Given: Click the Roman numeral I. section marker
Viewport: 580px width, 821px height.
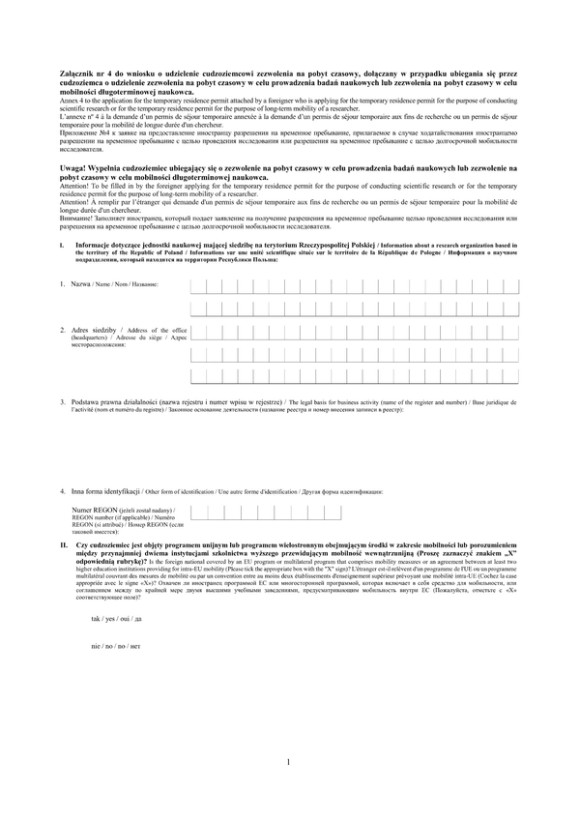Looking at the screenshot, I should [x=62, y=246].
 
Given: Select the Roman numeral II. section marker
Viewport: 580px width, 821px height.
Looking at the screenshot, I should [x=63, y=545].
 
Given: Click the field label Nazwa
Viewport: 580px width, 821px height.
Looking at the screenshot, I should [x=80, y=284].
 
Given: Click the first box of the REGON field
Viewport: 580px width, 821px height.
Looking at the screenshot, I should [x=199, y=513].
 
